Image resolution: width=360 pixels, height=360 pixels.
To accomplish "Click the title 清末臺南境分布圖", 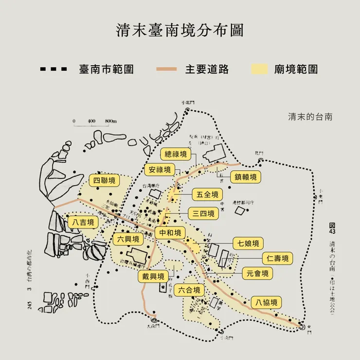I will [x=180, y=30].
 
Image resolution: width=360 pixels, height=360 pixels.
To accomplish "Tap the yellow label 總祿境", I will [x=176, y=155].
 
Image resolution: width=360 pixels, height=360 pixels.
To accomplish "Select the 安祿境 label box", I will [x=160, y=170].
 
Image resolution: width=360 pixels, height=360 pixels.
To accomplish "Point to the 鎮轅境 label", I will [x=245, y=177].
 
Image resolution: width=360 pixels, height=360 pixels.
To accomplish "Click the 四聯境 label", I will [x=105, y=181].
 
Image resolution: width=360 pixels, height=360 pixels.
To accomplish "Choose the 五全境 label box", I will [x=207, y=194].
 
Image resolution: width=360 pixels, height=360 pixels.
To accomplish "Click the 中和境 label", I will [x=170, y=232].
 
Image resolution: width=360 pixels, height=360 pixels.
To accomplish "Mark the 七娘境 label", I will [x=248, y=243].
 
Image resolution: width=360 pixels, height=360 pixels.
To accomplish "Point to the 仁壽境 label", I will [x=277, y=258].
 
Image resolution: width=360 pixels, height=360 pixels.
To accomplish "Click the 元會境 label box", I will [x=257, y=273].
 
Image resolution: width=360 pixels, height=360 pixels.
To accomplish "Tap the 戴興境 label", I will [x=152, y=276].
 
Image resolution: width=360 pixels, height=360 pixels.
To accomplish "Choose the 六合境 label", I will [x=189, y=290].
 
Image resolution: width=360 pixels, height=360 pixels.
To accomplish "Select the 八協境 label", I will [x=266, y=303].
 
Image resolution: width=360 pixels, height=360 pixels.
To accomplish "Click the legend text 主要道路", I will [x=207, y=69].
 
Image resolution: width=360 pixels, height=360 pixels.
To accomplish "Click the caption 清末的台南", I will [x=310, y=117].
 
